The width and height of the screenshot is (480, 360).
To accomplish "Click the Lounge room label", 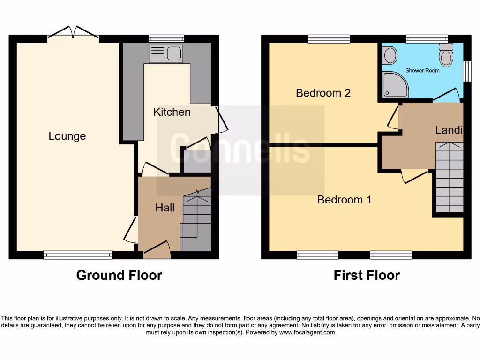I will coord(67,136).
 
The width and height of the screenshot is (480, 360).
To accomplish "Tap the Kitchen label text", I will coord(172,112).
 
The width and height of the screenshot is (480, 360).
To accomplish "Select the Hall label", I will coord(165,208).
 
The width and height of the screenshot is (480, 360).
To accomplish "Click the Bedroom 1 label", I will coord(344,200).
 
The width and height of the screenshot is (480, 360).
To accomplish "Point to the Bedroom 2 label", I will coord(323,93).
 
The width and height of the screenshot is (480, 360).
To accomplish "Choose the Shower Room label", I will coord(422,70).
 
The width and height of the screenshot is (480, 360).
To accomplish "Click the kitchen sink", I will coord(165,54).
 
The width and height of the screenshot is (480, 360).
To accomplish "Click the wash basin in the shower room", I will coord(390,57).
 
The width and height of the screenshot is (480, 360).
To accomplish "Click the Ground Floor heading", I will coord(119,275).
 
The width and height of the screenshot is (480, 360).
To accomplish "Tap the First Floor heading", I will coord(367,275).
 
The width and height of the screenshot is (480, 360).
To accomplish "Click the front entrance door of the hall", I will coord(157,248).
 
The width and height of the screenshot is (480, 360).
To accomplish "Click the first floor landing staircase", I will coord(449,178).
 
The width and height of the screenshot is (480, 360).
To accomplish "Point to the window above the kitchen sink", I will coord(166,39).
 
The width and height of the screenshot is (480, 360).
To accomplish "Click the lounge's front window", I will coord(78,255).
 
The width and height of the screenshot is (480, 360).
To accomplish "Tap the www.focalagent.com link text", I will coord(307,332).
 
